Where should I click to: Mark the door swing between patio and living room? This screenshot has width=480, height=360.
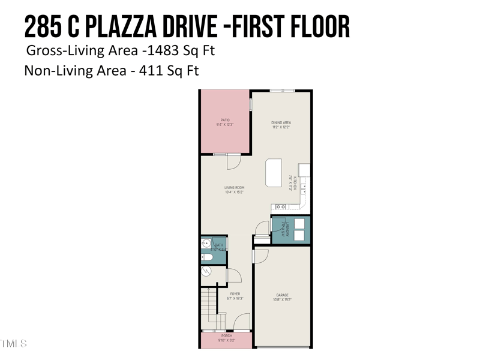click(x=234, y=160)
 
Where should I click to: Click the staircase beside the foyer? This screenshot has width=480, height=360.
click(x=208, y=309)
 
